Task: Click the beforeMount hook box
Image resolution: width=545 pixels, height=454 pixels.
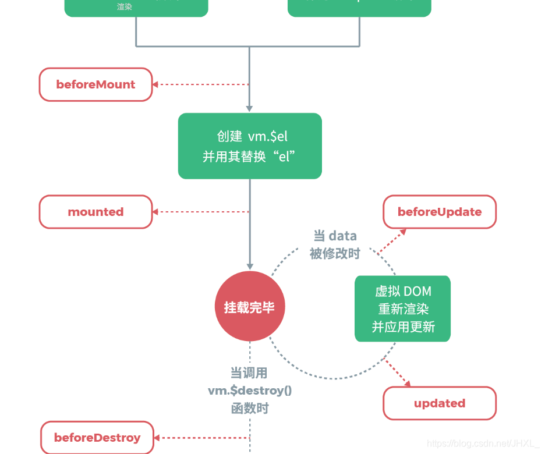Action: click(95, 84)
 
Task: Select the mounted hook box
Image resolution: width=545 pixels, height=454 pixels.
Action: click(95, 212)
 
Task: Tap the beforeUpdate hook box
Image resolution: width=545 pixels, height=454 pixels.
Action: click(440, 212)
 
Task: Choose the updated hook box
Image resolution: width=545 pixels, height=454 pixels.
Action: click(440, 403)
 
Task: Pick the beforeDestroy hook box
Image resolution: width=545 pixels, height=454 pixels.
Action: click(97, 438)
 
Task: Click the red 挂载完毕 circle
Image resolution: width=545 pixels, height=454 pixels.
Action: click(250, 307)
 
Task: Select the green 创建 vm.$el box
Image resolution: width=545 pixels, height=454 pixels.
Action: click(250, 146)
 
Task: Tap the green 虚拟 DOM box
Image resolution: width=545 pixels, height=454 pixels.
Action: click(403, 308)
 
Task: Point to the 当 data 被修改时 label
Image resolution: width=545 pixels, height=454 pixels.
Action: click(335, 244)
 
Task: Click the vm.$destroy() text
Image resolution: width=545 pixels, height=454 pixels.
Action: click(250, 391)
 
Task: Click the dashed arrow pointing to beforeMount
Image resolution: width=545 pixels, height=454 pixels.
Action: click(201, 84)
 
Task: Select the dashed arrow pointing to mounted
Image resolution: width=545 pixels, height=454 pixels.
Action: click(201, 212)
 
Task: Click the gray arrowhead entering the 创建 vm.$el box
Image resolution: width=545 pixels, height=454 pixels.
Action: click(250, 108)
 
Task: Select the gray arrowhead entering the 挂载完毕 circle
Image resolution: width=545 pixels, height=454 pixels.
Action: click(250, 267)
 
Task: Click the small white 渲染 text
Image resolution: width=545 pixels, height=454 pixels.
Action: click(125, 8)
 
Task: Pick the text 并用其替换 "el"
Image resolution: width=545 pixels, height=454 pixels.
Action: click(250, 157)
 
